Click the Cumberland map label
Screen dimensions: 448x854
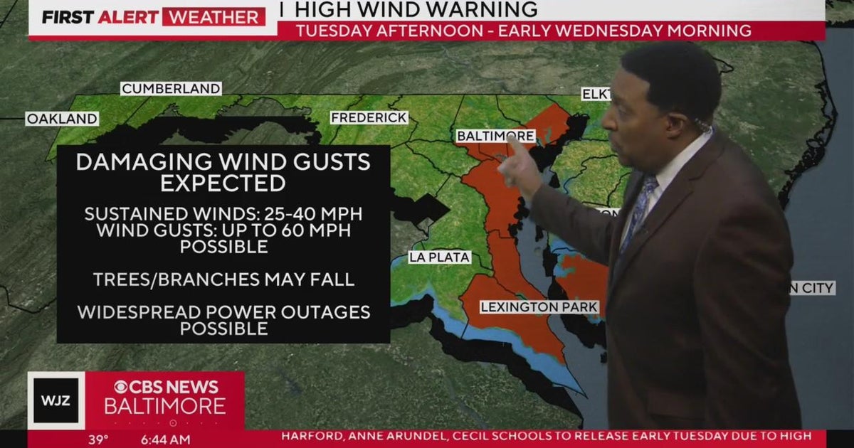coord(171,89)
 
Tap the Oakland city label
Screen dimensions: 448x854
coord(62,119)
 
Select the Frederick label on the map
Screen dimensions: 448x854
coord(369,117)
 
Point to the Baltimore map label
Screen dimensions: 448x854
coord(495,136)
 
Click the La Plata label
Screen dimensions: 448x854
coord(439,257)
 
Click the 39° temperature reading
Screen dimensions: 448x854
coord(98,439)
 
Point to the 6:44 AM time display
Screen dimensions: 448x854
coord(165,439)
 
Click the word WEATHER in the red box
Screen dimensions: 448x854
coord(213,17)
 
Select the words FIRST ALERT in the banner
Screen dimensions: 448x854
coord(99,17)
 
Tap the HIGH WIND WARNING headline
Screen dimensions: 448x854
coord(416,10)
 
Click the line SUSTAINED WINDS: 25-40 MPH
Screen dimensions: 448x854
coord(223,214)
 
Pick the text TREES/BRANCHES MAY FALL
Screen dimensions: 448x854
coord(223,279)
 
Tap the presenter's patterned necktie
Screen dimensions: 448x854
coord(638,210)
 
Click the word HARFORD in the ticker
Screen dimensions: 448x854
coord(312,436)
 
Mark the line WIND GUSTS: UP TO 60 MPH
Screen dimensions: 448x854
coord(223,230)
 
